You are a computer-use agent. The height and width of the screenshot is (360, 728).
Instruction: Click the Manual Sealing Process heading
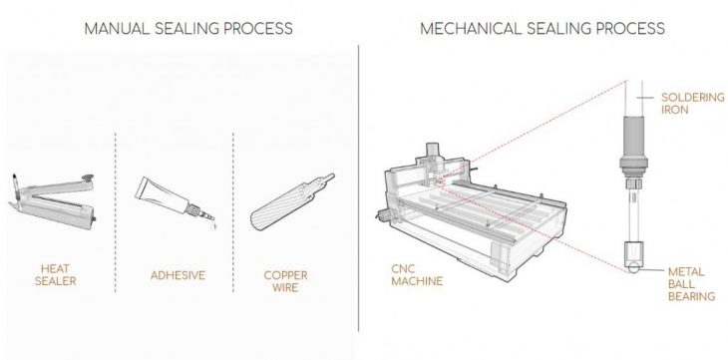188,28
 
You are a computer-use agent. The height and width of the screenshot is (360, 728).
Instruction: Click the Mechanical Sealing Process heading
543,28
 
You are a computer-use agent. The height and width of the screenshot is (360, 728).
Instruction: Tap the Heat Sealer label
55,274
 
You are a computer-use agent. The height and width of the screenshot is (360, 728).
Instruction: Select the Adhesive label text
178,275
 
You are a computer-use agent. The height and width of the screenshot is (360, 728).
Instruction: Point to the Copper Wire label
285,281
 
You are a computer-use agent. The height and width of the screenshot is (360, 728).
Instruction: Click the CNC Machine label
417,274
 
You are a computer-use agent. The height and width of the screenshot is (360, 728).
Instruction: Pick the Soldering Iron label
693,104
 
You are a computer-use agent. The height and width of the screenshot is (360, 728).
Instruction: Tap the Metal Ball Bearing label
691,284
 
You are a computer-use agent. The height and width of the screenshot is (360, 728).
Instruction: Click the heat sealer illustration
53,201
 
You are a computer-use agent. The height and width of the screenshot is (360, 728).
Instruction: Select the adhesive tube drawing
176,201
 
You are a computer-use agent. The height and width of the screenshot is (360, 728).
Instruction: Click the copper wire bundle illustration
291,202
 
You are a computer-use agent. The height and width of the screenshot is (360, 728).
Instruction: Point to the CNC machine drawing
471,212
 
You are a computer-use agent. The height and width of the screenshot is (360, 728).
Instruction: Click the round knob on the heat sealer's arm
87,178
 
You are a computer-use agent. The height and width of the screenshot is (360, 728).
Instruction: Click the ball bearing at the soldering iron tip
632,267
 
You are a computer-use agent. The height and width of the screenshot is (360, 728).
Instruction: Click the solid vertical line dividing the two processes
358,187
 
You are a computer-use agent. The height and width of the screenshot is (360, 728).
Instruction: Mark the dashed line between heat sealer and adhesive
115,212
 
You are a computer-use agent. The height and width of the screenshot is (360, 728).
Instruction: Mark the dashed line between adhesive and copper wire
233,212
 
